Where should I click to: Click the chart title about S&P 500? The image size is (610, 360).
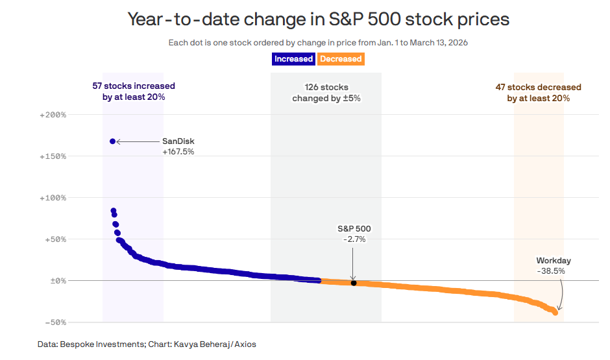click(318, 19)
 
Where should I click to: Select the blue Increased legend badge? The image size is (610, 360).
click(293, 59)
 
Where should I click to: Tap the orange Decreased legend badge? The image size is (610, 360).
click(341, 59)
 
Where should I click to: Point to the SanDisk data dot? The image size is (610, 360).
click(112, 141)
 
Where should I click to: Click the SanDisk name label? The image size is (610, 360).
click(178, 141)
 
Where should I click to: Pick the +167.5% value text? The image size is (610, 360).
click(178, 152)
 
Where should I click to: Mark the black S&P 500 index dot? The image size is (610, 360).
click(354, 283)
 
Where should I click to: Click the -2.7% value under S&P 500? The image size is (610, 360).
click(354, 239)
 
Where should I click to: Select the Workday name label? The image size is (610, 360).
click(554, 261)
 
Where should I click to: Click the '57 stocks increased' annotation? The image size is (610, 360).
click(134, 92)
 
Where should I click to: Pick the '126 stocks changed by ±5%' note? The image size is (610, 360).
click(326, 93)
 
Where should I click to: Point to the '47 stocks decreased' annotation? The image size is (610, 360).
click(538, 93)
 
